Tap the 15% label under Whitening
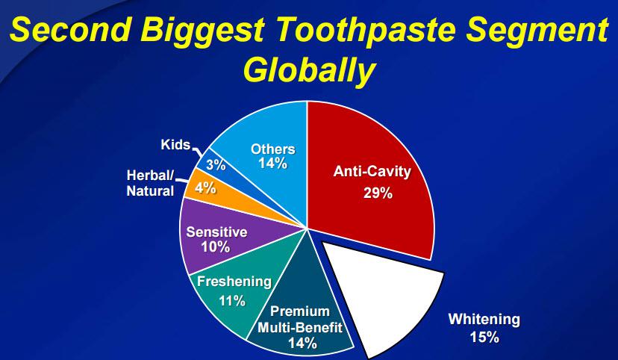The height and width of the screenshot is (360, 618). (484, 338)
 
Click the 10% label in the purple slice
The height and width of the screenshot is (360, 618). (216, 247)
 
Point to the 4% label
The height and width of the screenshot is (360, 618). (205, 188)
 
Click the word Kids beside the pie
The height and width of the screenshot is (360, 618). (175, 145)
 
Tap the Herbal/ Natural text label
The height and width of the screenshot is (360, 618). (150, 184)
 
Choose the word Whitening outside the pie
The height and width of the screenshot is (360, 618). (484, 320)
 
